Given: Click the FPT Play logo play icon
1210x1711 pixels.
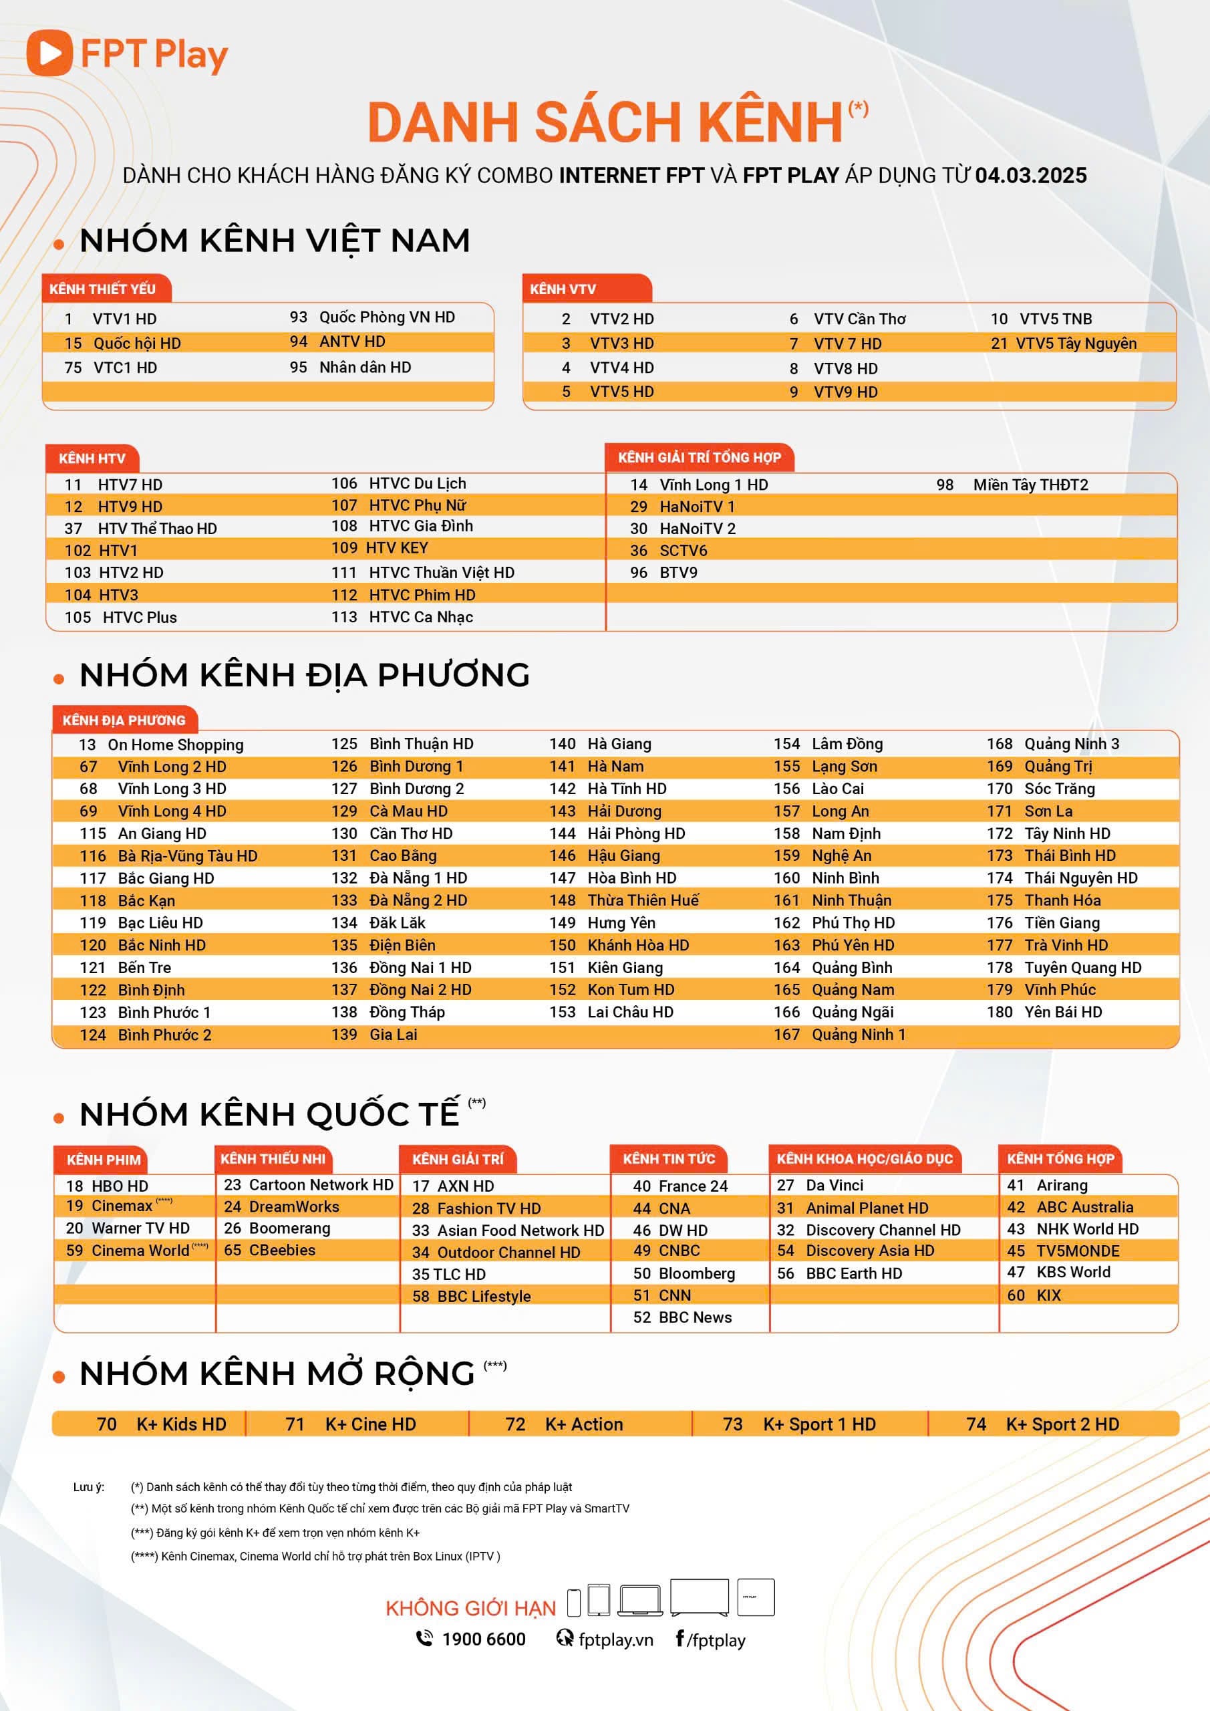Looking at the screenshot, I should (x=49, y=53).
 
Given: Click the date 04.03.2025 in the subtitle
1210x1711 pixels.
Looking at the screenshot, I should (x=1030, y=176).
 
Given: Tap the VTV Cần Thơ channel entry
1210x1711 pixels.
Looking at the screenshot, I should (x=859, y=319).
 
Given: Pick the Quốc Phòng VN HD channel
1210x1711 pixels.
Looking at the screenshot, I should (x=387, y=317).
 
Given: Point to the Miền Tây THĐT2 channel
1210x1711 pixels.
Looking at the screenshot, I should (x=1030, y=485).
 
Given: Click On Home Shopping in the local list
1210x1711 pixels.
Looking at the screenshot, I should (x=175, y=745).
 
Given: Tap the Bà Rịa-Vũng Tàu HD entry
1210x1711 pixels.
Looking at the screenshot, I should (x=187, y=856).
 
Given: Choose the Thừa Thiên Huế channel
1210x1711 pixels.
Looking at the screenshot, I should (x=643, y=900).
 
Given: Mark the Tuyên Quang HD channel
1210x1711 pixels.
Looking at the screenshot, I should (x=1082, y=967).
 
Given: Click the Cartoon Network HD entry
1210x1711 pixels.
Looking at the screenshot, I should (x=321, y=1185).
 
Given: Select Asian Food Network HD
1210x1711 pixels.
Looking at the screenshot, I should (x=520, y=1230).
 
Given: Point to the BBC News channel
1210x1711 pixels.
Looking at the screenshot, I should (x=694, y=1317).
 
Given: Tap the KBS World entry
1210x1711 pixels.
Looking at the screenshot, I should (x=1073, y=1272).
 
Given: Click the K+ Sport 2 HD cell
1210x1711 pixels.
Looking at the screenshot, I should (x=1062, y=1424).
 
